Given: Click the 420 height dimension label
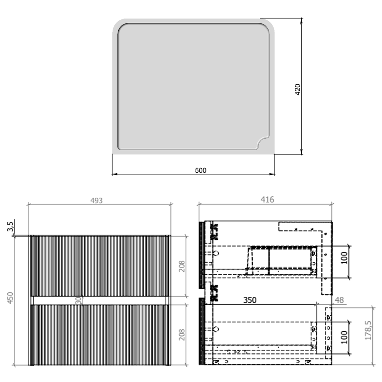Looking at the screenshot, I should tap(297, 89).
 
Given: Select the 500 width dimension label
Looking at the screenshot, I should tap(200, 170).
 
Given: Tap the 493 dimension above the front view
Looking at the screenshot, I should tap(97, 201).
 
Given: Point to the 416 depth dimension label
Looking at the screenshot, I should tap(267, 200).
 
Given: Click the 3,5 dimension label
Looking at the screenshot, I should tap(10, 226).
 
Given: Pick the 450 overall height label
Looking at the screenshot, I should tap(10, 298).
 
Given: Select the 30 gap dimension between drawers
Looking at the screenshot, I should tap(78, 300).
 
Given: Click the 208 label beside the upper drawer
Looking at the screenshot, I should tap(182, 266).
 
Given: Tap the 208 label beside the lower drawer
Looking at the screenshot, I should tap(182, 335).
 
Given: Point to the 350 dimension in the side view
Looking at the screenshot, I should tap(250, 300).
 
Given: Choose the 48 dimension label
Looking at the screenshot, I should tap(339, 300).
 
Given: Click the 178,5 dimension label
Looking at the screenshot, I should tap(368, 330).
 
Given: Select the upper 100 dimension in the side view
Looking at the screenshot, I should tap(344, 258).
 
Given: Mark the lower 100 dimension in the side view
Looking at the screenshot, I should tap(344, 337).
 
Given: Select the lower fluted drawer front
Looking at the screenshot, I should tap(99, 335).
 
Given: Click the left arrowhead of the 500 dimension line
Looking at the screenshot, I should tap(114, 174).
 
